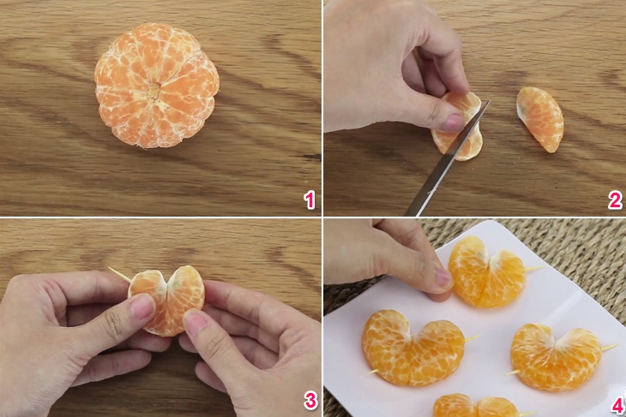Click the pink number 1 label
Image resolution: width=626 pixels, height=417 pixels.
pyautogui.click(x=310, y=200)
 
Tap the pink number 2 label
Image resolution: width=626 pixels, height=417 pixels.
pyautogui.click(x=615, y=200)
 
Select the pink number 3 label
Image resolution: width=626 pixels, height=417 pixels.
pyautogui.click(x=310, y=400)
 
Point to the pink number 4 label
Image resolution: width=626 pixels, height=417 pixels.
pyautogui.click(x=617, y=405)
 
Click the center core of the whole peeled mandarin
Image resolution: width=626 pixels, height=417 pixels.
pyautogui.click(x=154, y=91)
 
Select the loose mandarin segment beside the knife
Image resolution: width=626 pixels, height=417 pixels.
pyautogui.click(x=540, y=119)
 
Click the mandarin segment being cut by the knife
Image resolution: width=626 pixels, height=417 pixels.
pyautogui.click(x=458, y=127)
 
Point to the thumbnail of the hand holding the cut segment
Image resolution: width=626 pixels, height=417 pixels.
pyautogui.click(x=453, y=122)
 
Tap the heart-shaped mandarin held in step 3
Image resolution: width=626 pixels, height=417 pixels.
pyautogui.click(x=166, y=301)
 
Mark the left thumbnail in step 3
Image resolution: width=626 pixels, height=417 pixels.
pyautogui.click(x=142, y=307)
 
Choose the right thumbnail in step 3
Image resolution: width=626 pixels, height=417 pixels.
pyautogui.click(x=195, y=321)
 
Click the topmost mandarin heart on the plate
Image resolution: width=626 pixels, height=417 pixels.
pyautogui.click(x=487, y=273)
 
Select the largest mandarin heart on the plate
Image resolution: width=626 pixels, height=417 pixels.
pyautogui.click(x=412, y=348)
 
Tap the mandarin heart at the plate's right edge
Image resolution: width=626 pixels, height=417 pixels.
pyautogui.click(x=556, y=358)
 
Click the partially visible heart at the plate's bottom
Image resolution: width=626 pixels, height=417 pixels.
pyautogui.click(x=476, y=406)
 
